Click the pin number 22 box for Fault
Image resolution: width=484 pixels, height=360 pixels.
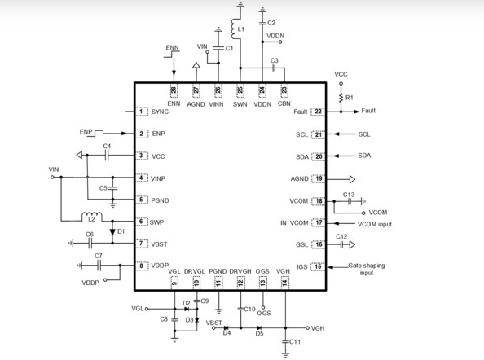click(319, 112)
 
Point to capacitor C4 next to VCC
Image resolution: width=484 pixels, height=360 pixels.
click(107, 156)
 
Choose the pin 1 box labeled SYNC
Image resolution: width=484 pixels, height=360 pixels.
click(141, 112)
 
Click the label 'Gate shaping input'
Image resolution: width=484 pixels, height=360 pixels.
click(367, 269)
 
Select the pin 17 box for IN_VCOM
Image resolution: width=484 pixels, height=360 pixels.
click(319, 222)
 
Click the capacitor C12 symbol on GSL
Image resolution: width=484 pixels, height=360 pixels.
click(342, 244)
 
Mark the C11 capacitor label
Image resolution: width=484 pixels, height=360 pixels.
click(294, 343)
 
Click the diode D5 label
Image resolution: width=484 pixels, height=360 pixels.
click(259, 334)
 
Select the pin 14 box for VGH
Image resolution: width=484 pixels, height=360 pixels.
click(284, 282)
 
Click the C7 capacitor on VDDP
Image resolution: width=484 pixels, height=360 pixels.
click(99, 265)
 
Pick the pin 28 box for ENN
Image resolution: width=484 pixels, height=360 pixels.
click(173, 92)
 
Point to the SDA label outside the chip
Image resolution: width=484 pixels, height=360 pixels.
click(363, 156)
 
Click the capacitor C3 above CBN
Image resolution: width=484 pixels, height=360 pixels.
click(274, 69)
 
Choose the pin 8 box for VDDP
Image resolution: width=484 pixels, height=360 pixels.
click(141, 266)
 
